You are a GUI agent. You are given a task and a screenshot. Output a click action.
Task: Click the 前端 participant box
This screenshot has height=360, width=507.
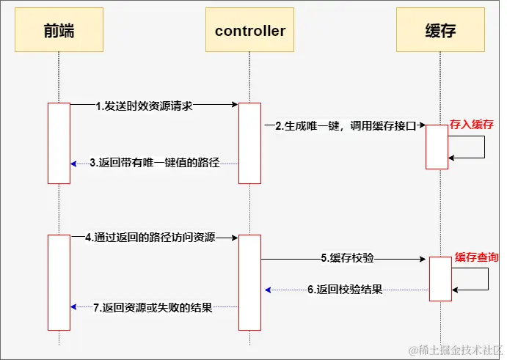[x=59, y=31]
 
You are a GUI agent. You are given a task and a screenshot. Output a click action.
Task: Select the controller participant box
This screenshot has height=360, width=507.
[x=249, y=31]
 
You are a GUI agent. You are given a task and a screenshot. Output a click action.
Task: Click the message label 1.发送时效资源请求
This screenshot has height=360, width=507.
[x=144, y=106]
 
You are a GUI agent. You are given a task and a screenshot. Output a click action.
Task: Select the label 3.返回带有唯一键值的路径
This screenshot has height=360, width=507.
[x=155, y=164]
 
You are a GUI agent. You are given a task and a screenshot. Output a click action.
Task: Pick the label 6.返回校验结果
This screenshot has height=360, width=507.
[x=345, y=290]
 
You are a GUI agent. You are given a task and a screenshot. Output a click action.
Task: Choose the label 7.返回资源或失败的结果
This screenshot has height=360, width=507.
[x=153, y=308]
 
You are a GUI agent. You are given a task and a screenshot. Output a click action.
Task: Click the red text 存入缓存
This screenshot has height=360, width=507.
[x=471, y=124]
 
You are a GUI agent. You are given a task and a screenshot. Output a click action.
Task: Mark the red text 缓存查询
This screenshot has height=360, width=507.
[x=476, y=257]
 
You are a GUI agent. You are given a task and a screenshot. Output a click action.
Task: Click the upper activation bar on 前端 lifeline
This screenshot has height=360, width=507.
[x=59, y=143]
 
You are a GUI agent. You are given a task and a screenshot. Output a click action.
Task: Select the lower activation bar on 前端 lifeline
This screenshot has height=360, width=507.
[x=59, y=282]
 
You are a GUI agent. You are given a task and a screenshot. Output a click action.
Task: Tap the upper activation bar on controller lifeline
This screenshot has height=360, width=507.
[x=249, y=143]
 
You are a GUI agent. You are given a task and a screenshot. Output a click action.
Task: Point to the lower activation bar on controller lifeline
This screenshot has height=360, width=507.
[x=249, y=282]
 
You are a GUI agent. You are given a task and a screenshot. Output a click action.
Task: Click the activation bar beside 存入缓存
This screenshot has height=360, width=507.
[x=437, y=147]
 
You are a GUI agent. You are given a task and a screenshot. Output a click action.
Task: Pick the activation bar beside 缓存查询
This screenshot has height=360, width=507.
[x=440, y=279]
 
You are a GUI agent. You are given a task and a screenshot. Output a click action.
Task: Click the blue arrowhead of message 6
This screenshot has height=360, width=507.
[x=269, y=290]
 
